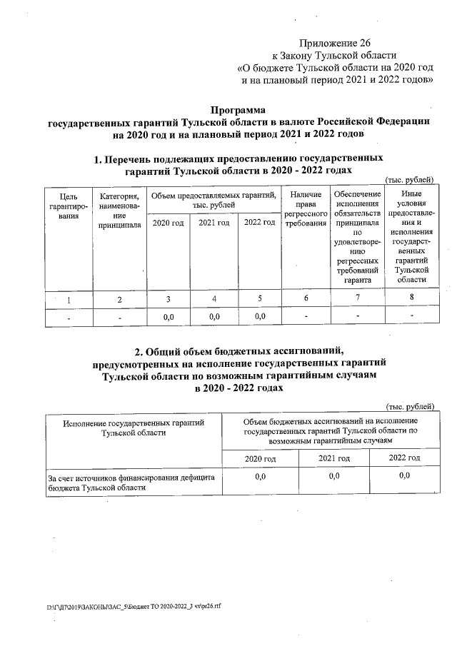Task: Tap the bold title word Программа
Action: [238, 110]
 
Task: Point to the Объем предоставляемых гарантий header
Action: [214, 200]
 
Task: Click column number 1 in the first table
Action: [69, 299]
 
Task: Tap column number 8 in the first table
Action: [411, 297]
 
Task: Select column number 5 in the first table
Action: [260, 298]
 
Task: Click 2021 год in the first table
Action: [214, 223]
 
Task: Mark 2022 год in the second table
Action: [404, 457]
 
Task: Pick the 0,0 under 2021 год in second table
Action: [333, 475]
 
